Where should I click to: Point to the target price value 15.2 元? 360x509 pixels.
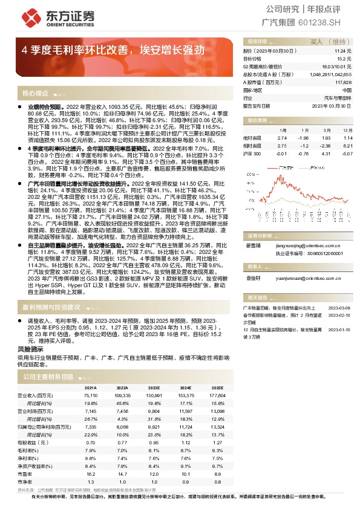pyautogui.click(x=344, y=59)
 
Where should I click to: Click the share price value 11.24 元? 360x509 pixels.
pyautogui.click(x=342, y=52)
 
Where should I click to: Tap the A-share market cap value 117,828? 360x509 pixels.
pyautogui.click(x=343, y=82)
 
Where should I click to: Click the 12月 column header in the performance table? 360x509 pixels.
pyautogui.click(x=346, y=130)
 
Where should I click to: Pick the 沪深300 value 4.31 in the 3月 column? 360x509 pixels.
pyautogui.click(x=327, y=154)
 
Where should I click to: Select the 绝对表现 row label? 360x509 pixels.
pyautogui.click(x=252, y=138)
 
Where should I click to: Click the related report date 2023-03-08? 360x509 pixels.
pyautogui.click(x=339, y=307)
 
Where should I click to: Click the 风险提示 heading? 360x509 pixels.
pyautogui.click(x=30, y=349)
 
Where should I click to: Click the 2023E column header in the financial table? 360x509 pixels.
pyautogui.click(x=153, y=388)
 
